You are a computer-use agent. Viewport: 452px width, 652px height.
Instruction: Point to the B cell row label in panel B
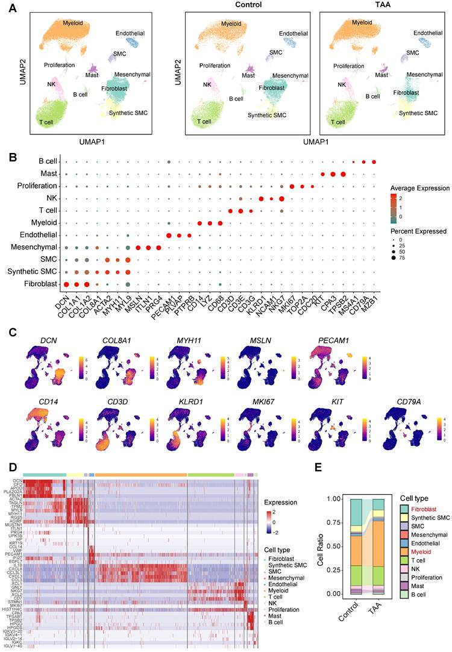(x=48, y=162)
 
